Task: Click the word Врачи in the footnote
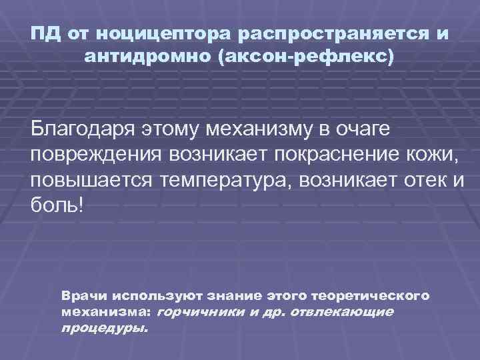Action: (x=83, y=295)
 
